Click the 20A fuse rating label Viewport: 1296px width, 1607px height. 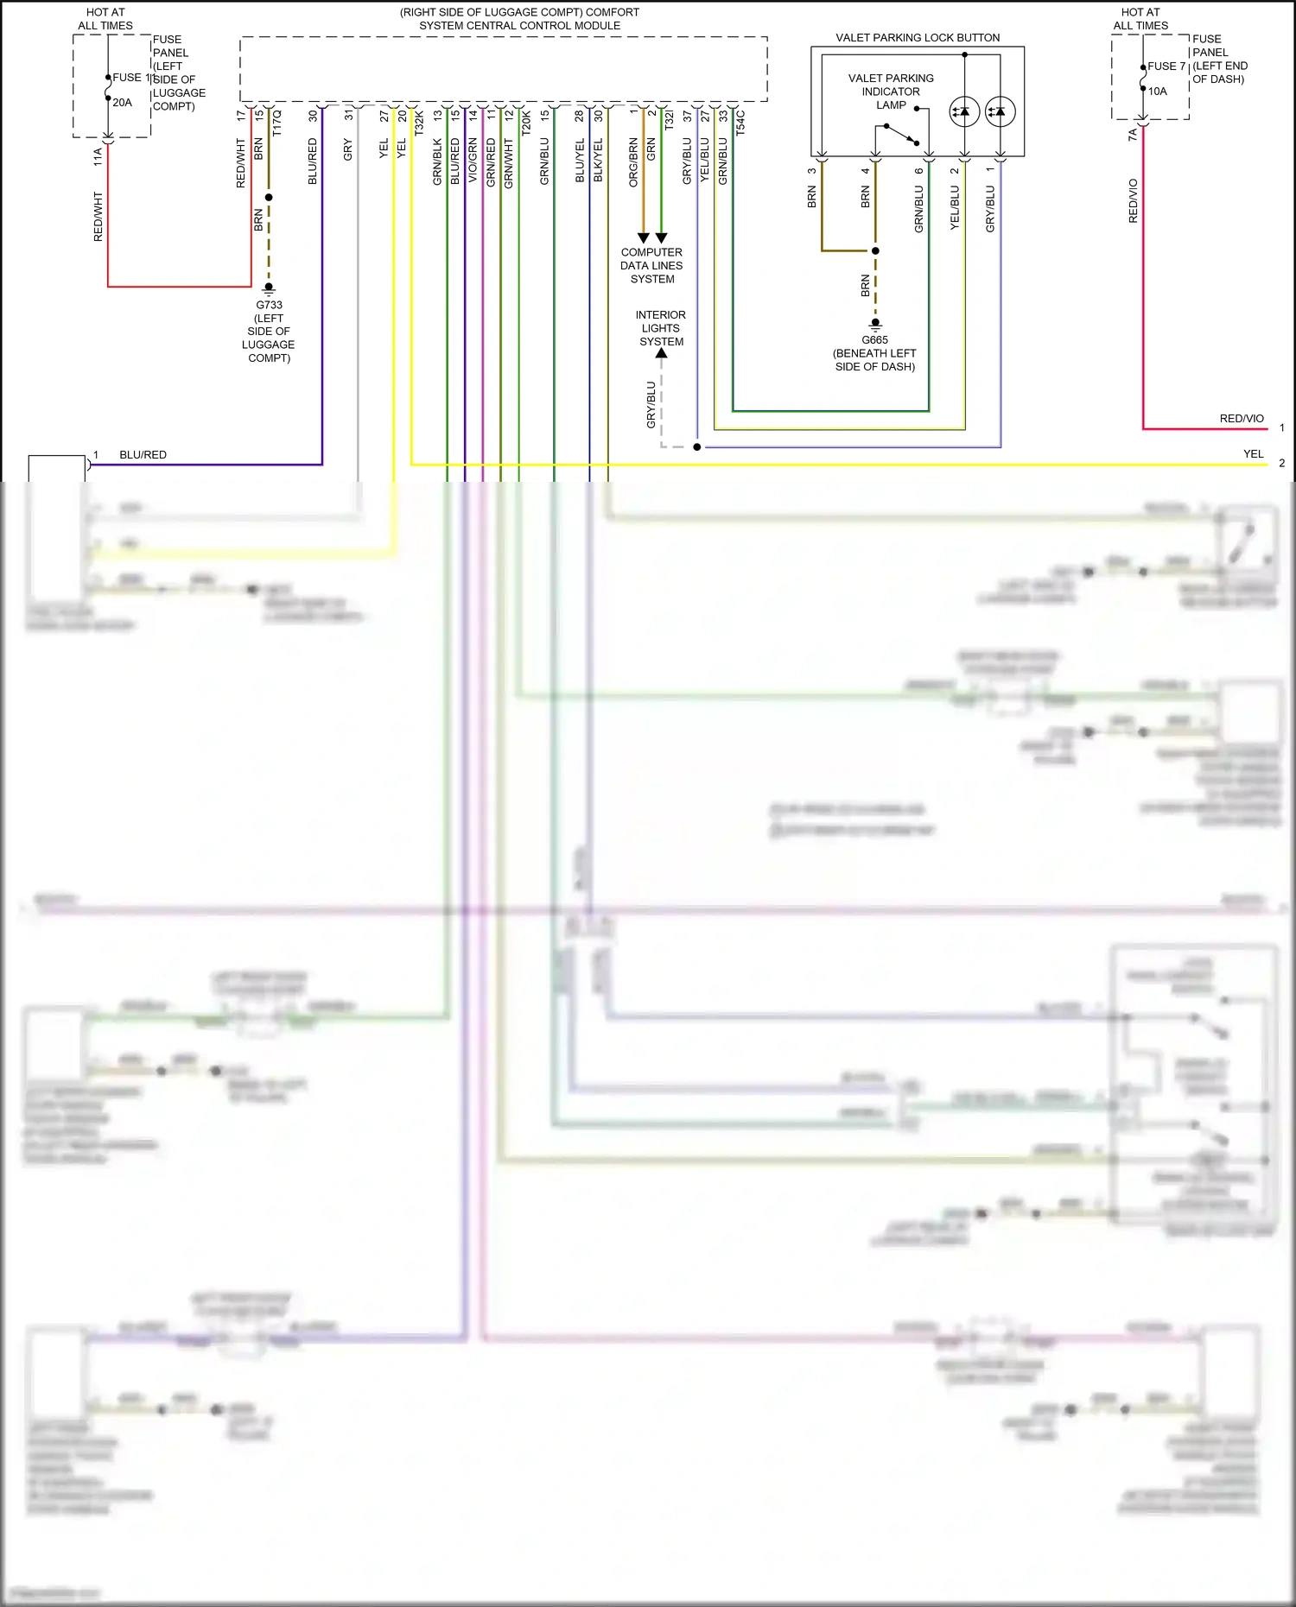[122, 103]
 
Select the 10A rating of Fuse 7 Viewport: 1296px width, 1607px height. [1157, 92]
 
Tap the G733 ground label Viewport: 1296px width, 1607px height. [269, 305]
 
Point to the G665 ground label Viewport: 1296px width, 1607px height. [874, 340]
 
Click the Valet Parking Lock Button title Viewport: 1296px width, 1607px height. [918, 38]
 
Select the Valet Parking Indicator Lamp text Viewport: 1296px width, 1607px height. [891, 92]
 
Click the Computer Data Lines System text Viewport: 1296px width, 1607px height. [651, 266]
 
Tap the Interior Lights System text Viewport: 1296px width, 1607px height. [661, 328]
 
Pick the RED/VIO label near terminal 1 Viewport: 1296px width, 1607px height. [1242, 419]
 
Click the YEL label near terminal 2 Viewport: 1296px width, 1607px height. [1253, 454]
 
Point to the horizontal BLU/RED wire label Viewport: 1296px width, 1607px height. [143, 455]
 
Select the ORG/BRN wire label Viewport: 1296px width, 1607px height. [633, 161]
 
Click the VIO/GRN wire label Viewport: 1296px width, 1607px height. [473, 160]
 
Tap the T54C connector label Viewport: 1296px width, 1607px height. [740, 123]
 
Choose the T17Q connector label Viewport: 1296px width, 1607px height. [277, 123]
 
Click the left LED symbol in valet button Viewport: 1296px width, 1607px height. [964, 111]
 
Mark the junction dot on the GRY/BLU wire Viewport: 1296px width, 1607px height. [697, 447]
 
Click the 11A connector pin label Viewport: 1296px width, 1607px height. [98, 156]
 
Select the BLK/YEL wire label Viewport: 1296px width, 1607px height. [598, 160]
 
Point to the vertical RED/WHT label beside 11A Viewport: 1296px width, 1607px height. [98, 217]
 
